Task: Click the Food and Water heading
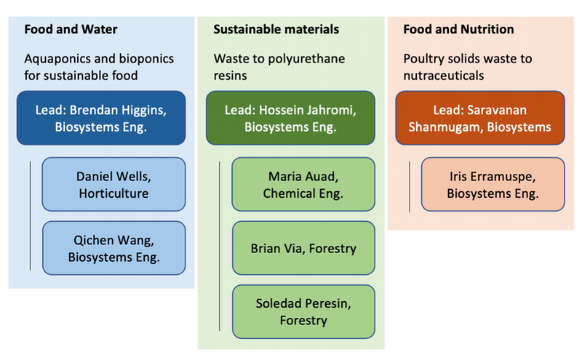pos(71,30)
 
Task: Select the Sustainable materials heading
pos(276,30)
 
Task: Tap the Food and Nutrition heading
pos(458,30)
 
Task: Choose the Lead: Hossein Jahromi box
pos(290,119)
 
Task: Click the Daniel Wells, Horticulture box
pos(113,184)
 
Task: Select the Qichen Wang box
pos(113,248)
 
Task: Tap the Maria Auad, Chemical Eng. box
pos(303,184)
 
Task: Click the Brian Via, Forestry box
pos(303,248)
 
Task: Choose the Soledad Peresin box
pos(303,311)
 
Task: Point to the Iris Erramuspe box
pos(493,184)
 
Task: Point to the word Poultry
pos(423,58)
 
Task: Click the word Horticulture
pos(113,193)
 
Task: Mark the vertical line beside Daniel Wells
pos(30,216)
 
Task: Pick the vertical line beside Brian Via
pos(220,247)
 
